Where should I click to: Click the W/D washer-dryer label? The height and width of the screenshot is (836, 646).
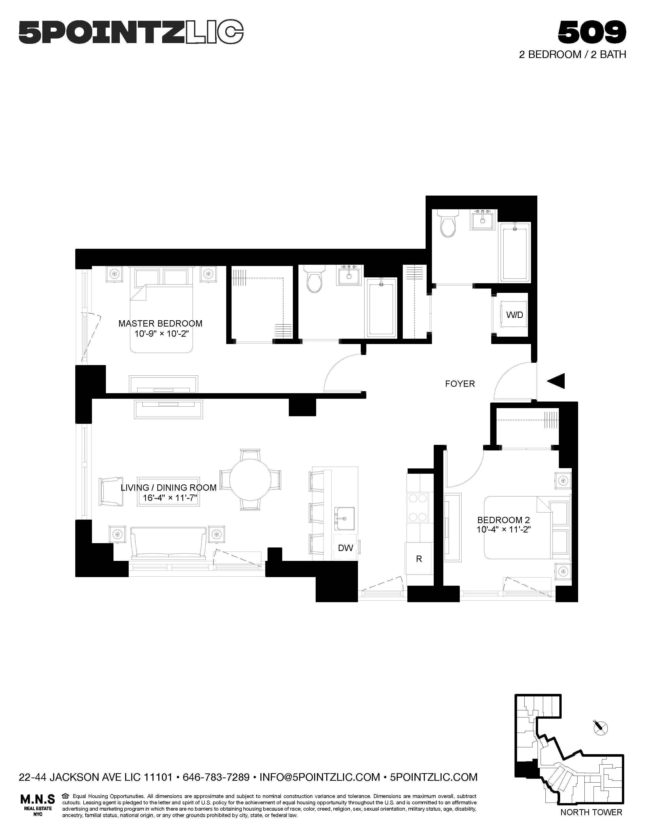point(514,315)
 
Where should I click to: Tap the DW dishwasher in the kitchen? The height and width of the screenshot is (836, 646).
point(345,548)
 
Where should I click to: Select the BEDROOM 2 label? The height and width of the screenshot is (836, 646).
point(503,520)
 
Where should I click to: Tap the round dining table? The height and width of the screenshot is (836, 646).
point(250,479)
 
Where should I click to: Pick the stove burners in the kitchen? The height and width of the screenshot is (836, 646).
point(417,508)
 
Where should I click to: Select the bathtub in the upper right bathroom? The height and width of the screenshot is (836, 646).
point(515,253)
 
